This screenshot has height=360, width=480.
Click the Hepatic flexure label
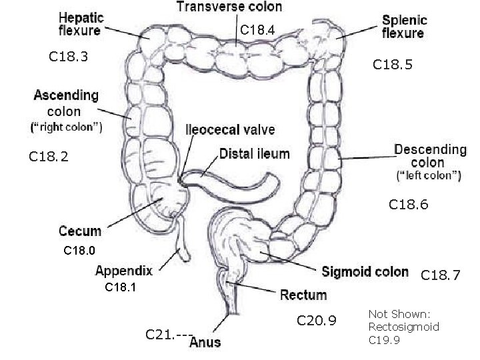tap(79, 23)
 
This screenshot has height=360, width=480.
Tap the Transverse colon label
tap(229, 7)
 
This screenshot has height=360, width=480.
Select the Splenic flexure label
tap(405, 26)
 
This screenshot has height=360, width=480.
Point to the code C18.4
tap(257, 29)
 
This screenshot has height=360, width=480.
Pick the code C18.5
tap(393, 65)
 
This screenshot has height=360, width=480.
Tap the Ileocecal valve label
tap(230, 130)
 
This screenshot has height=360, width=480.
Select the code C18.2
tap(49, 157)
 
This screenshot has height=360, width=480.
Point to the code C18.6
tap(409, 206)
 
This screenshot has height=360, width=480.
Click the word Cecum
tap(80, 231)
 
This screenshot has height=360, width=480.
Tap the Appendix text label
tap(124, 271)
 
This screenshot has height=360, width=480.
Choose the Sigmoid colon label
tap(365, 271)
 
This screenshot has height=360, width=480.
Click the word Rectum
tap(303, 294)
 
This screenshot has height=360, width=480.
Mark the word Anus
tap(205, 343)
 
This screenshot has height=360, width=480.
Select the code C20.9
tap(317, 323)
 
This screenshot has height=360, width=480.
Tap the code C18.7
tap(441, 275)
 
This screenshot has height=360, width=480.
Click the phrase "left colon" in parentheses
tap(428, 177)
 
